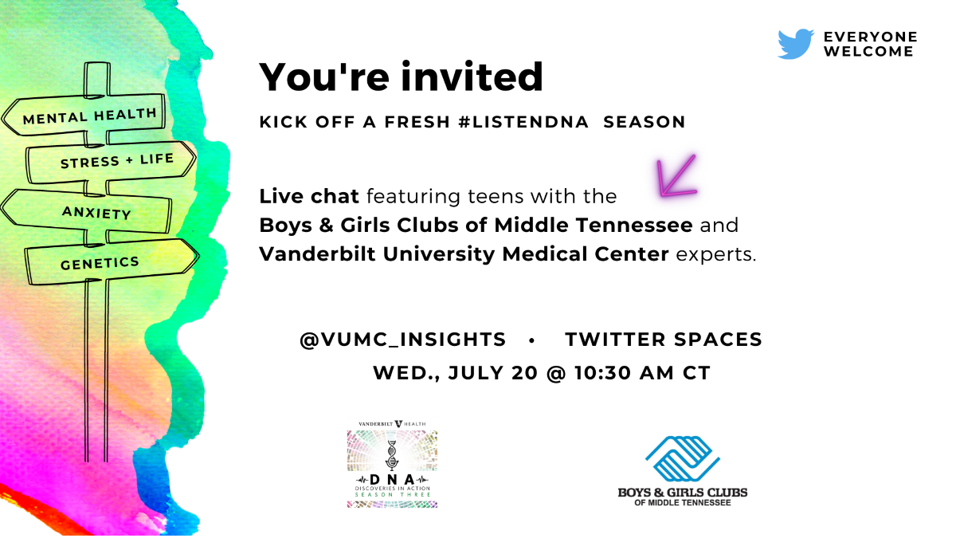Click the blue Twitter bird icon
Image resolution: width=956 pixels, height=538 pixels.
click(x=796, y=44)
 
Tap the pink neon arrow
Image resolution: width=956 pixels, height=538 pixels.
click(x=677, y=175)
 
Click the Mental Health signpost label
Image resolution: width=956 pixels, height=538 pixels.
click(x=89, y=116)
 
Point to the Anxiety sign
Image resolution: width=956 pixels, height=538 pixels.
click(x=96, y=212)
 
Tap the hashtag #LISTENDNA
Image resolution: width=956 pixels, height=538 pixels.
click(x=523, y=122)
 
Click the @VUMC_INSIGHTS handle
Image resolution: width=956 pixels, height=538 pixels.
click(x=403, y=340)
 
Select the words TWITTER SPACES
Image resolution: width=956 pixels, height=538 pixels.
click(x=664, y=340)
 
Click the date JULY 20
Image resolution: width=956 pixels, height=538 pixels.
click(x=492, y=373)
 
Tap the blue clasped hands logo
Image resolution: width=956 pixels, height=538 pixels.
click(x=683, y=458)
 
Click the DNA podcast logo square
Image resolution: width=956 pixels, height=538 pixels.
click(x=392, y=469)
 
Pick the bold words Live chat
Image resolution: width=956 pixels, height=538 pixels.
click(x=309, y=196)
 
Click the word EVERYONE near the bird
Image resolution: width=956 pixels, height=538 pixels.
click(x=870, y=37)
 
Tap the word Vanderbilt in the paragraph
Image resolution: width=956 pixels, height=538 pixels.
click(x=318, y=254)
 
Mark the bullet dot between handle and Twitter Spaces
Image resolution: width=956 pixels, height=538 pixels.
click(x=532, y=341)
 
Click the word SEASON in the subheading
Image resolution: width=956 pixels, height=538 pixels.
click(x=644, y=122)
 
